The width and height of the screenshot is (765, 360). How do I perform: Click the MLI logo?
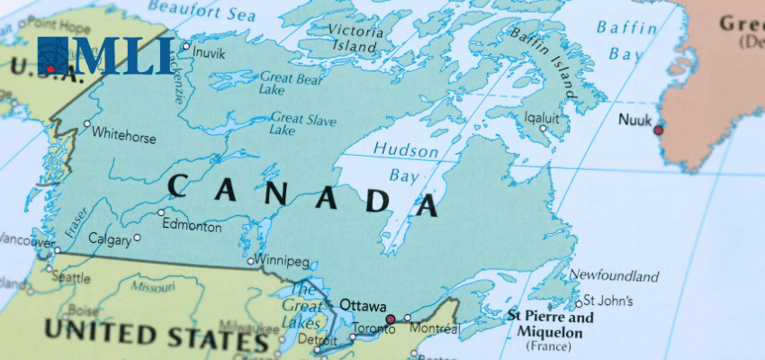(105, 56)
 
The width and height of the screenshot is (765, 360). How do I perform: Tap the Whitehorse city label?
(124, 138)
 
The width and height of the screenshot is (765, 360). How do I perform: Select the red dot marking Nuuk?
(658, 130)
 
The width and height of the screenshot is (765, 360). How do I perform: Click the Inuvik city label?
(209, 52)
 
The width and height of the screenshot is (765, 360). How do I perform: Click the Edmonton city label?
(191, 227)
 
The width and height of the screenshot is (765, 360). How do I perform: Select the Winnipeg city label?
(283, 262)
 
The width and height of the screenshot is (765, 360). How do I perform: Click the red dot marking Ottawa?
(390, 319)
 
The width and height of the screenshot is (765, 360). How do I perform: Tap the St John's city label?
(608, 301)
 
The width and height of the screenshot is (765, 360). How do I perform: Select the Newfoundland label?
(614, 275)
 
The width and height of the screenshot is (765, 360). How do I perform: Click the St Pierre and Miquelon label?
(550, 326)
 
